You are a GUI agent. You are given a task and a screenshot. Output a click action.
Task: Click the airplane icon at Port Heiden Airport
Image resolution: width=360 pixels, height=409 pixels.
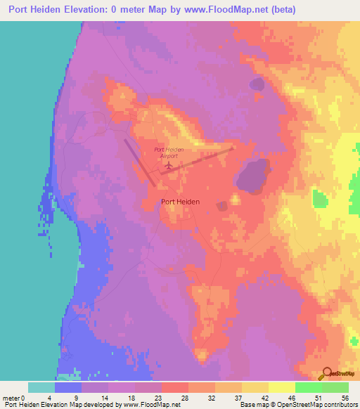click(169, 166)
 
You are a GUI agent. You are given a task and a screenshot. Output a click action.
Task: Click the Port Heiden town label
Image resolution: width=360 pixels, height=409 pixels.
click(180, 202)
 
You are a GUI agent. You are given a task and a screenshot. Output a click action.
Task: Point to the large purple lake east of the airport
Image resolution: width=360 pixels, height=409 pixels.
click(254, 175)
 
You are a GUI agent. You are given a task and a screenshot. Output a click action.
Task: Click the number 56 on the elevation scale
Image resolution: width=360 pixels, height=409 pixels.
click(345, 397)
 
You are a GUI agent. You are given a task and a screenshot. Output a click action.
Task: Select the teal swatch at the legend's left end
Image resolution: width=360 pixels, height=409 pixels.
click(41, 387)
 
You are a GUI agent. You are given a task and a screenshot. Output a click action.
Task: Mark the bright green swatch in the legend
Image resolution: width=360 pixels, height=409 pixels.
click(309, 387)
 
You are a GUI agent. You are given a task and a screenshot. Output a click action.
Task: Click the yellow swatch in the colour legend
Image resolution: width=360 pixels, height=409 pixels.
click(281, 387)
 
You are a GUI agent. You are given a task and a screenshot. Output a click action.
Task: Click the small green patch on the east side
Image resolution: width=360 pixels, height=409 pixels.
click(320, 199)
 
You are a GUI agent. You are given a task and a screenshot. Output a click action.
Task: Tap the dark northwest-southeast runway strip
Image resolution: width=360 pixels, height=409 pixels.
click(140, 162)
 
